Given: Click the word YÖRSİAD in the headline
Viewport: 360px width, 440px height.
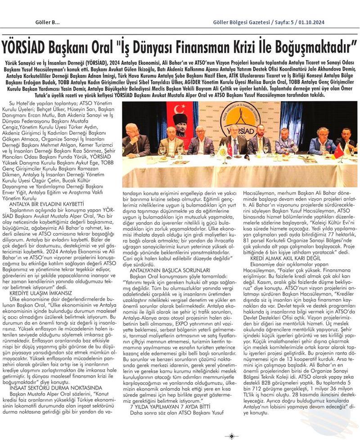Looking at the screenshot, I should [28, 46].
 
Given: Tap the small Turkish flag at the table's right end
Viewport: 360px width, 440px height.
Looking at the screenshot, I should [338, 151].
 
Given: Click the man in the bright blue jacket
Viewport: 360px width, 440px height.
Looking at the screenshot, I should [322, 142].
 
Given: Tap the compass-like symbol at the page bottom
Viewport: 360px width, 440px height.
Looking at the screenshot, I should [231, 436].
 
